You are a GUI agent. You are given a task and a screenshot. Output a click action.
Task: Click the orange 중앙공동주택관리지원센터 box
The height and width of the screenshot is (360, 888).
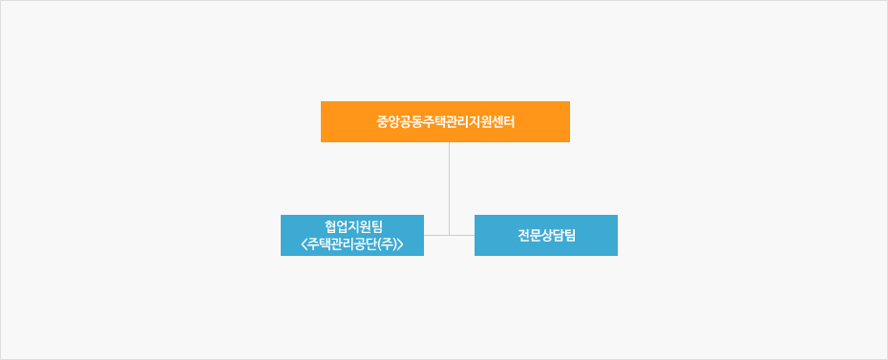[445, 121]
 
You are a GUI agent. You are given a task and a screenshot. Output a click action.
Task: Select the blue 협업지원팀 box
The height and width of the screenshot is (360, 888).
[351, 235]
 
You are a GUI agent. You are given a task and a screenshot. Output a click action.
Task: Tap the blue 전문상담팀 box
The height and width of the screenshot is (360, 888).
[545, 235]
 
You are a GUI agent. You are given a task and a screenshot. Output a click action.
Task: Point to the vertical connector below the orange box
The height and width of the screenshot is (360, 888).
[449, 181]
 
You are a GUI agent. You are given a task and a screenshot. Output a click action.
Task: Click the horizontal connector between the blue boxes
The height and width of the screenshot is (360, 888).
[462, 235]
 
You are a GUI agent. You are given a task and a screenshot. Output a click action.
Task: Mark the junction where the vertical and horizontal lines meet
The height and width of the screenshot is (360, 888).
[449, 235]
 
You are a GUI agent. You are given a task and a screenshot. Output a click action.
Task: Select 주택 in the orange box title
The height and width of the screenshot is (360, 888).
[433, 122]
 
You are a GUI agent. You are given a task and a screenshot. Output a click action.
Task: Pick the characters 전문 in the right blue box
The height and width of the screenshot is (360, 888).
[528, 236]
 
